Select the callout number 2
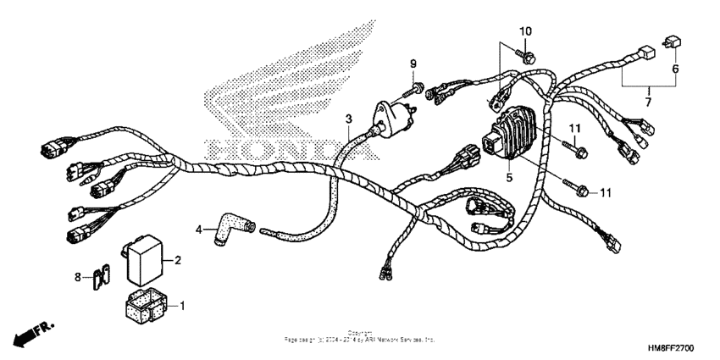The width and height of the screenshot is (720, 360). (178, 262)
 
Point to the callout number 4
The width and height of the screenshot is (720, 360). (200, 229)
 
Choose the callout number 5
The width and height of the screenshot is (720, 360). (510, 178)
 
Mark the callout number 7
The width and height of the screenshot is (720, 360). (649, 102)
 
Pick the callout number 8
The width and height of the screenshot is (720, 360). (77, 276)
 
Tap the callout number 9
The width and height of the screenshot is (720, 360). (415, 64)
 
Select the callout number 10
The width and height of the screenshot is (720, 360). (525, 31)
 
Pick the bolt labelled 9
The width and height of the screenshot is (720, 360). (417, 84)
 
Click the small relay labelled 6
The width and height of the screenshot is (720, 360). (676, 42)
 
